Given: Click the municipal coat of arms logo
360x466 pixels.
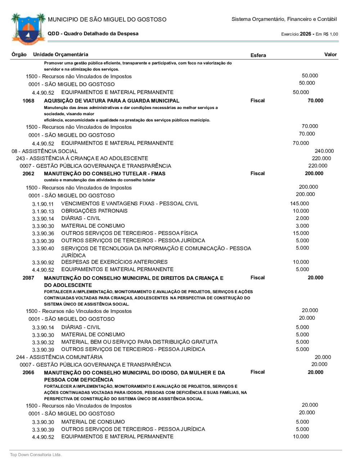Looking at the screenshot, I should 28,29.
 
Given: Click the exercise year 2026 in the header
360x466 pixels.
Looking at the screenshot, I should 305,34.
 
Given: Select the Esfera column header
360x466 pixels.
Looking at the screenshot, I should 258,55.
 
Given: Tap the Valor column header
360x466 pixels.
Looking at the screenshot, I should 330,54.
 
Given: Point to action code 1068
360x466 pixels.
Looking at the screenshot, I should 28,101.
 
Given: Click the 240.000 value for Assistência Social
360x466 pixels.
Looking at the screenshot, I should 324,151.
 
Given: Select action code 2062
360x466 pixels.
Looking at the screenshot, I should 28,174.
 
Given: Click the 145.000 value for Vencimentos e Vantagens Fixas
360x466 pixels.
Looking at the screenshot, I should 300,203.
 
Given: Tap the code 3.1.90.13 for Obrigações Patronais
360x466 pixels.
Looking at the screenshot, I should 43,211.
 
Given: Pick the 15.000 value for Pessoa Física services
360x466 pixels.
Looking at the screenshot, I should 301,233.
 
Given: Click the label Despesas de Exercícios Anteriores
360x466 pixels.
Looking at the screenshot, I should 114,262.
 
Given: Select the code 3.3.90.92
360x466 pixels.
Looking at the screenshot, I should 43,263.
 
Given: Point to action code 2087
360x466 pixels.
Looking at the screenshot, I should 28,278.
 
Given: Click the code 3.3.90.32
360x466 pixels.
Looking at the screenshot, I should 43,342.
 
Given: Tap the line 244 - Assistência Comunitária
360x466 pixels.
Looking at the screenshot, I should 59,357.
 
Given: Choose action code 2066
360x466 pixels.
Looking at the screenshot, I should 28,372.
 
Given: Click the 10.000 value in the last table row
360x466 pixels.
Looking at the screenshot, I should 301,436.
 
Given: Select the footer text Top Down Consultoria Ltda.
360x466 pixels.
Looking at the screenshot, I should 36,455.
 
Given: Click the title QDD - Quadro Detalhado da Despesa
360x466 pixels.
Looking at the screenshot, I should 93,33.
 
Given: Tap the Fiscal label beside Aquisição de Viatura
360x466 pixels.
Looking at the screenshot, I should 257,100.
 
